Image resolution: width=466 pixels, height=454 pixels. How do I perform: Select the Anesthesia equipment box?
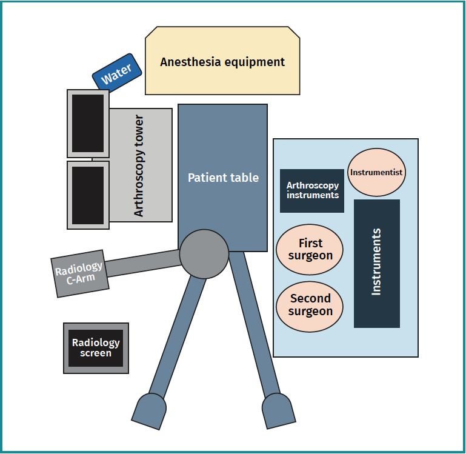click(222, 62)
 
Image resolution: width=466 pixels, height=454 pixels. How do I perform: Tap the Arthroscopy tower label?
click(139, 165)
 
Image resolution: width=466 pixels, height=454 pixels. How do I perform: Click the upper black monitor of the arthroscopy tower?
click(88, 124)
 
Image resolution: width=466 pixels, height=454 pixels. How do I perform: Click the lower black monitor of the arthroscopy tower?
click(88, 195)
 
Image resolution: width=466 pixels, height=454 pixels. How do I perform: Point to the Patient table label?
click(223, 178)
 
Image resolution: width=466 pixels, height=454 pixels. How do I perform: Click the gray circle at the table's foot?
click(204, 253)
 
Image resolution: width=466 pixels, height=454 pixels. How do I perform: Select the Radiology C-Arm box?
click(79, 273)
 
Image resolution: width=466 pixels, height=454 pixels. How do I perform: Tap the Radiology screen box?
click(96, 348)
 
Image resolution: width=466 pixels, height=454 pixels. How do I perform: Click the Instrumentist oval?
click(376, 172)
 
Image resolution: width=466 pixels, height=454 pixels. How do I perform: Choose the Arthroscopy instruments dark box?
click(312, 190)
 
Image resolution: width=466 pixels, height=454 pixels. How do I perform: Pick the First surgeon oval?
click(310, 249)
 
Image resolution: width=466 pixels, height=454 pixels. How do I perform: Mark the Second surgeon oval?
click(310, 305)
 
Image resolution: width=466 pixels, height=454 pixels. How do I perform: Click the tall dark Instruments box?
click(376, 263)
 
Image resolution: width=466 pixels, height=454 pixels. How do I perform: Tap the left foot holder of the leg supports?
click(149, 410)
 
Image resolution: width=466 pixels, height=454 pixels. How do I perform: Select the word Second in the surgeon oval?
click(310, 298)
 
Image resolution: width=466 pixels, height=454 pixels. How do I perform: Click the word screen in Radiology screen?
click(96, 353)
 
